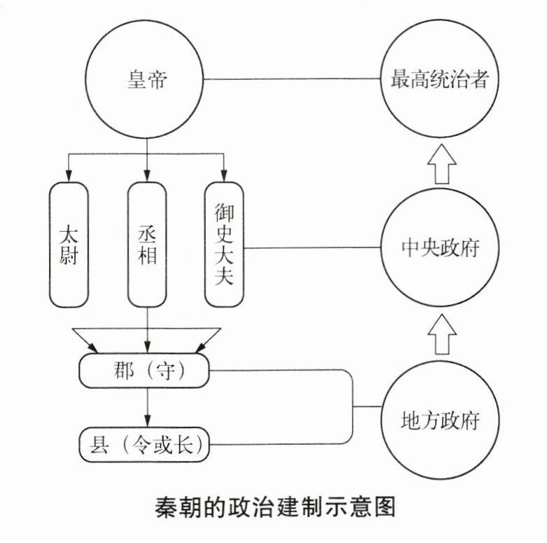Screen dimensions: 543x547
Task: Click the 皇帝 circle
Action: point(146,78)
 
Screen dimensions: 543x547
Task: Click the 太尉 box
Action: point(68,245)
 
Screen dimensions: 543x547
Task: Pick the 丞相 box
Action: point(147,245)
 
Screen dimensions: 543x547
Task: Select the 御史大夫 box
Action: point(224,245)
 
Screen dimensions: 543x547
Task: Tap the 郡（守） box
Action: point(145,370)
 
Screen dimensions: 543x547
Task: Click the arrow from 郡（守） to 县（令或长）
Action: point(146,407)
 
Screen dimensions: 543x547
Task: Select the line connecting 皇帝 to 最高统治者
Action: point(294,78)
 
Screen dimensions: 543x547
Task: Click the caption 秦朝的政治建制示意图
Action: point(275,506)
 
